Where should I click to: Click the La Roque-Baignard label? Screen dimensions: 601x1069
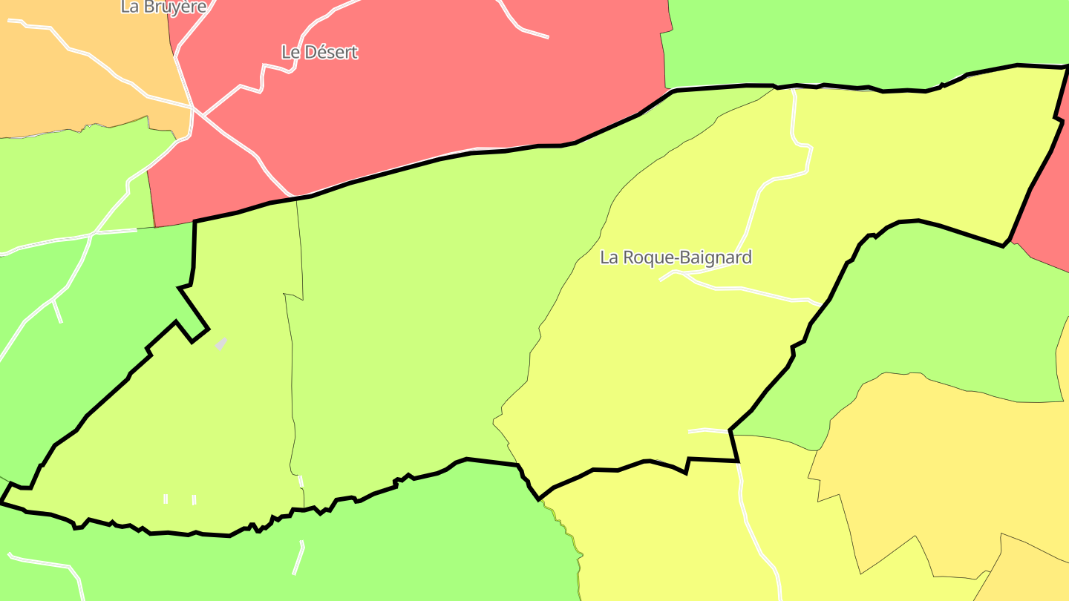coord(676,257)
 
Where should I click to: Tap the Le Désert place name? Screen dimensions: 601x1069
coord(319,52)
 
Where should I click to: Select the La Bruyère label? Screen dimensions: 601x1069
coord(163,7)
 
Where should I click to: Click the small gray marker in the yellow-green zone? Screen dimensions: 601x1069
coord(221,344)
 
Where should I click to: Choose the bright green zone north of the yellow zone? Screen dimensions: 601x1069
coord(854,37)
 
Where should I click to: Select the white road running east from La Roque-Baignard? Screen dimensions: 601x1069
coord(742,289)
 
